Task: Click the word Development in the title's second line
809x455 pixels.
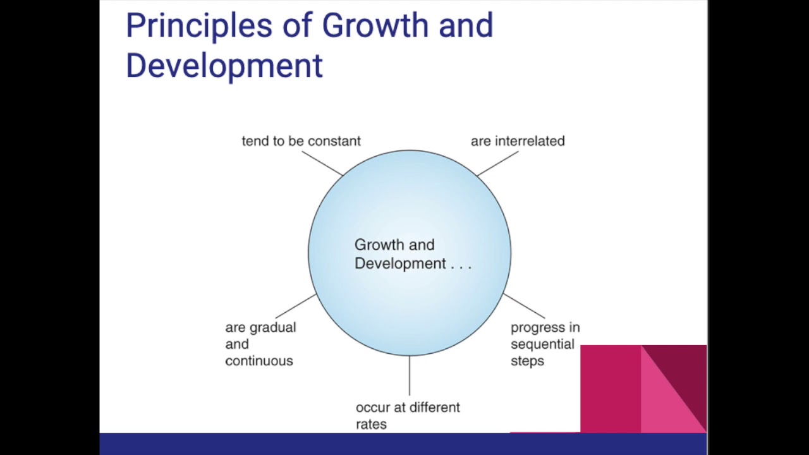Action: tap(224, 66)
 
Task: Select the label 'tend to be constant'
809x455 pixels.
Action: tap(301, 141)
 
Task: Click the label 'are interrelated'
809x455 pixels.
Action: tap(518, 141)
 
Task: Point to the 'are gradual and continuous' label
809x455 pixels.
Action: tap(260, 344)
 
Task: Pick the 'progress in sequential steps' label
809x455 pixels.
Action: tap(544, 344)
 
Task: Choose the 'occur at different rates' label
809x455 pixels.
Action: tap(408, 415)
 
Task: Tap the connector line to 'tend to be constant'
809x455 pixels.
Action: tap(322, 163)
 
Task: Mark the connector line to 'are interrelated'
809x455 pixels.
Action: tap(497, 163)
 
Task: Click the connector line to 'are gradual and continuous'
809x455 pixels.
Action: tap(296, 306)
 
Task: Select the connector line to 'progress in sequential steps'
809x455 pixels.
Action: tap(524, 306)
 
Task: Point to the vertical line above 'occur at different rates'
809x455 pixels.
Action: tap(410, 376)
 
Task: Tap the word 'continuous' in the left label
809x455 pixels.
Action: tap(259, 361)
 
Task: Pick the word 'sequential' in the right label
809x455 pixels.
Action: tap(542, 344)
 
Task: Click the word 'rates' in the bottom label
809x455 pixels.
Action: tap(371, 424)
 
